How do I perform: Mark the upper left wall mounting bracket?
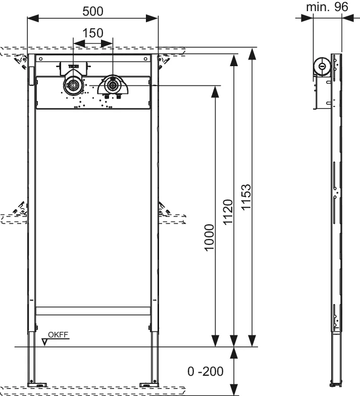21,62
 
